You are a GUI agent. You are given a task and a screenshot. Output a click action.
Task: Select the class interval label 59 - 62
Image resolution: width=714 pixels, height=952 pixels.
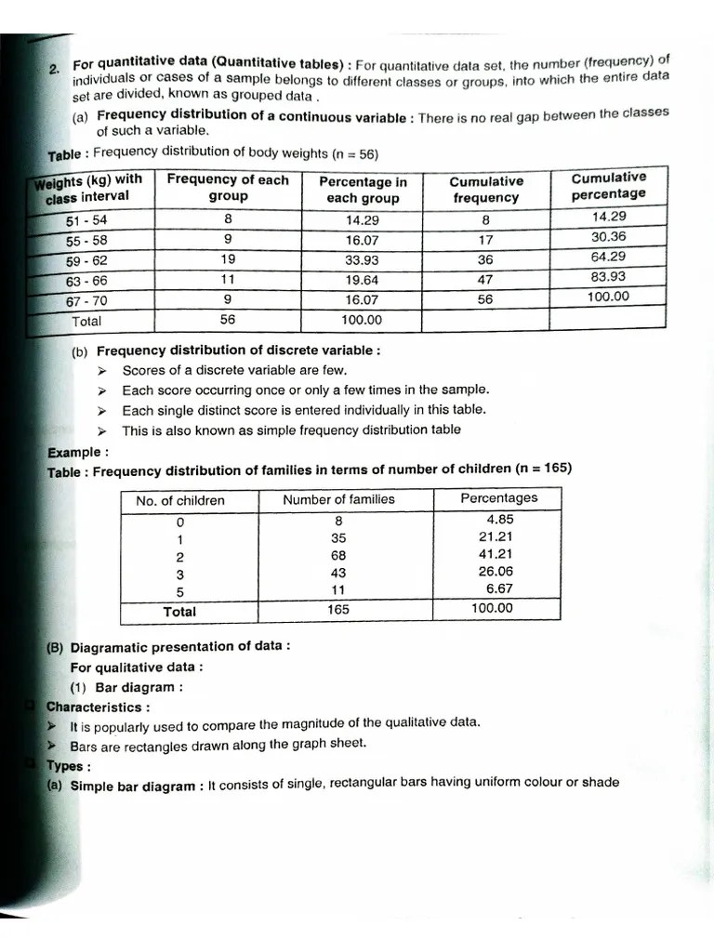tap(86, 260)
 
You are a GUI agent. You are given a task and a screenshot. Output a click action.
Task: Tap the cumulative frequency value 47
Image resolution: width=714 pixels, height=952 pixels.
tap(484, 279)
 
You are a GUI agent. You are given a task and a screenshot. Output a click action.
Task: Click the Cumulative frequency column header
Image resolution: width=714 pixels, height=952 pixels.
tap(485, 190)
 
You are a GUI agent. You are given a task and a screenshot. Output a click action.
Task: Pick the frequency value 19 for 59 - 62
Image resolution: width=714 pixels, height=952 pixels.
tap(228, 259)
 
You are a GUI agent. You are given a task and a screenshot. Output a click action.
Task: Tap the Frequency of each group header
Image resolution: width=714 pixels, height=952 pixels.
tap(228, 188)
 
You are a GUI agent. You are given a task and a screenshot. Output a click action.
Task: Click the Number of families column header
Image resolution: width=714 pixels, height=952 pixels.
tap(338, 499)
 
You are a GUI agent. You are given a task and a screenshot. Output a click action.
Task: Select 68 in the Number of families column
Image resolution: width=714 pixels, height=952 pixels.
tap(339, 555)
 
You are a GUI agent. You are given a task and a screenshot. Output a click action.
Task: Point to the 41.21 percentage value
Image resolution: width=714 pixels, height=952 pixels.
tap(496, 554)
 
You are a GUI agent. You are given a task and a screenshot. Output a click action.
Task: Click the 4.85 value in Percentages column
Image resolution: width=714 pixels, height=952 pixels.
tap(499, 519)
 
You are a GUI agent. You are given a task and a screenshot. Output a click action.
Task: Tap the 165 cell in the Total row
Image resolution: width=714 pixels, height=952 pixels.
tap(339, 610)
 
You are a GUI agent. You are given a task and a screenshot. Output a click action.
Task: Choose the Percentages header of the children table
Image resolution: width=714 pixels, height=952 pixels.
tap(498, 497)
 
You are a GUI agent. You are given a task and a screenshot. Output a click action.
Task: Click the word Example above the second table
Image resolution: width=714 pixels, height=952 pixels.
tap(77, 453)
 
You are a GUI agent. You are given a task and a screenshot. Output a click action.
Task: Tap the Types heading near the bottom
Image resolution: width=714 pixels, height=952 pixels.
tap(68, 766)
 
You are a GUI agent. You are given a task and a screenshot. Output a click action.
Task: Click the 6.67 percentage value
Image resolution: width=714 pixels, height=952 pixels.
tap(499, 589)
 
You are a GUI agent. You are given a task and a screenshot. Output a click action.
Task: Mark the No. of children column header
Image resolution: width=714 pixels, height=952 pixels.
tap(180, 500)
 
